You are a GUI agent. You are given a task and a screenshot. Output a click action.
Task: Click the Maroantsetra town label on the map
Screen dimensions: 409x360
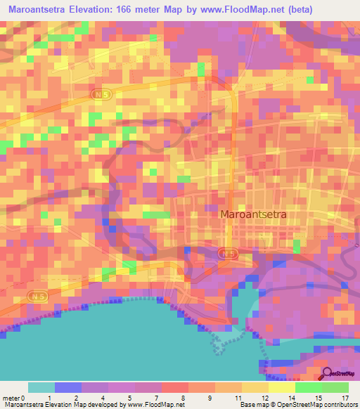point(254,215)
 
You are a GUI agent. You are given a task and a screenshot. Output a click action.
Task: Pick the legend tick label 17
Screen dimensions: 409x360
point(344,397)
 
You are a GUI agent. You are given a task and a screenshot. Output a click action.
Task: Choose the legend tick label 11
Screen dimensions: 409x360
point(236,397)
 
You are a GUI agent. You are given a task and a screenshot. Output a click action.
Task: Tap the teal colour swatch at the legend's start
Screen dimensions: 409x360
point(41,387)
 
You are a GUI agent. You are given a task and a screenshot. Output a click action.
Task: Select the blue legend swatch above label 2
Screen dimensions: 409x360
point(67,387)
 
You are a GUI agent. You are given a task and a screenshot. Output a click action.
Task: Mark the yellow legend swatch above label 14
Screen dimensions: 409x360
point(281,387)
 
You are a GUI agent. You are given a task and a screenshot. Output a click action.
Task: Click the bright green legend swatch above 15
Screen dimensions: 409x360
point(308,387)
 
